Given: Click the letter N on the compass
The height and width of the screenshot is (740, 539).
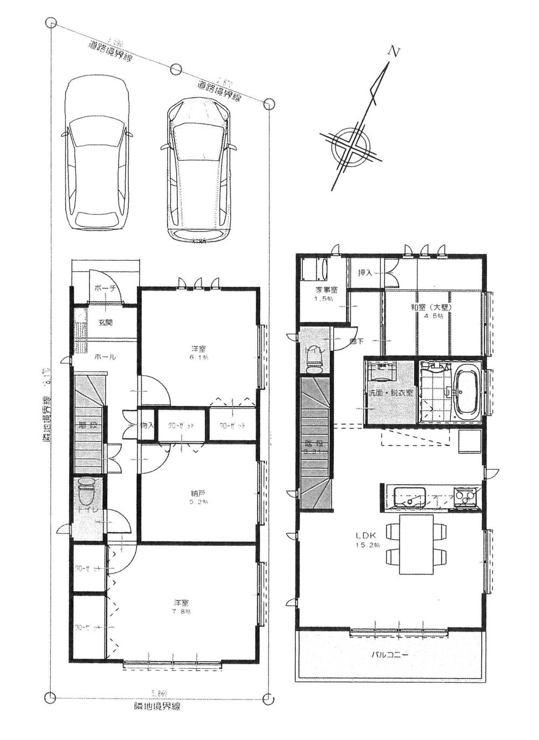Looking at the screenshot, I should (395, 52).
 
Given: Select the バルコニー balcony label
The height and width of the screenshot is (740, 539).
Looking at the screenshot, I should (390, 655).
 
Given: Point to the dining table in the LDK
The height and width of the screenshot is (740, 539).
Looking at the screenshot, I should (416, 544).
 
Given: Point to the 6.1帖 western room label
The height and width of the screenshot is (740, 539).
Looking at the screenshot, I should (198, 348).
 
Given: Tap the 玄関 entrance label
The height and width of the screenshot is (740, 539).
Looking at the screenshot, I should (105, 323).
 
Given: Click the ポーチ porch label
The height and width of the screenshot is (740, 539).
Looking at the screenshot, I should (105, 288).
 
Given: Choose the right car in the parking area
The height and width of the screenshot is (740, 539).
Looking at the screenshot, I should (199, 169).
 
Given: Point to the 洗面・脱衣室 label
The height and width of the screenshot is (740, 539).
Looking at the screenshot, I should (391, 393).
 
